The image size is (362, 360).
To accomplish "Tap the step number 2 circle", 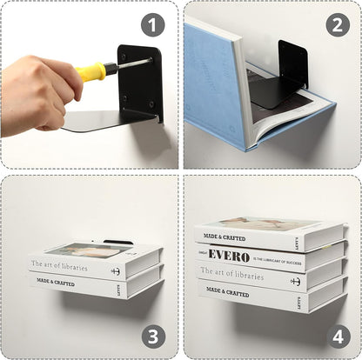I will point(338,24).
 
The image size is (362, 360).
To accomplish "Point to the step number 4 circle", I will point(338,335).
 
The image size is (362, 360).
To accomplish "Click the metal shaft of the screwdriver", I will point(131,63).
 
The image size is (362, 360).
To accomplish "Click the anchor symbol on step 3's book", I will point(116,270).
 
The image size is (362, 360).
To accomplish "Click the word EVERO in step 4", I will point(227,257).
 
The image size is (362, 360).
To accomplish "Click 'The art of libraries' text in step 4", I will point(232,275).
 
